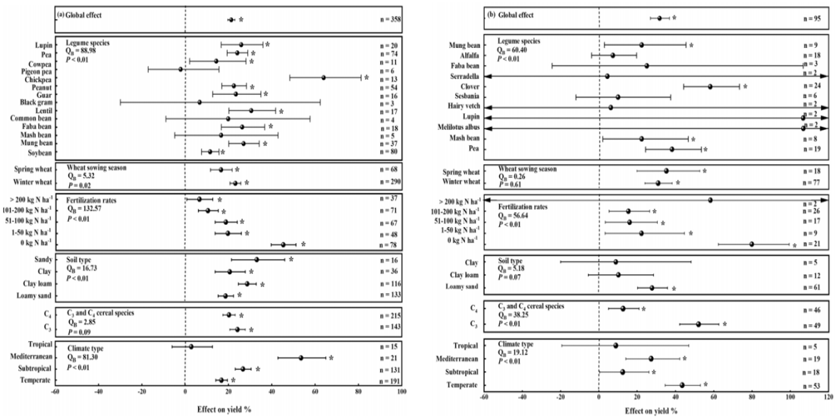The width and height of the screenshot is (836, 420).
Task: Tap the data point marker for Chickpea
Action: tap(324, 77)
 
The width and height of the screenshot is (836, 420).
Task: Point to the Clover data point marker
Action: tap(710, 87)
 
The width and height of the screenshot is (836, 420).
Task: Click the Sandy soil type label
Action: tap(41, 260)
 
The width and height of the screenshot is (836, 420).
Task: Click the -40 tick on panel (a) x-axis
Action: tap(98, 396)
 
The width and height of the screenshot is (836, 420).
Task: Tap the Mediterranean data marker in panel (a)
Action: tap(300, 357)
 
